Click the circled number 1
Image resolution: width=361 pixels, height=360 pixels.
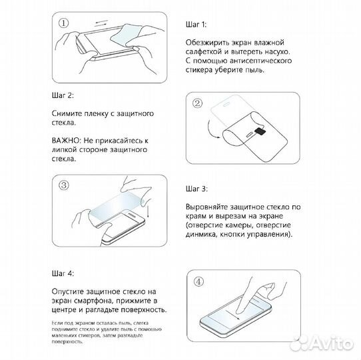63,23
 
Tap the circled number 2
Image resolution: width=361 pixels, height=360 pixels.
197,103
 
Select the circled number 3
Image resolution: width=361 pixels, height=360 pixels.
64,185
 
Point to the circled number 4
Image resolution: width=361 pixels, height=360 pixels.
198,281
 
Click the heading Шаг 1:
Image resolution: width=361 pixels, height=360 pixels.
196,25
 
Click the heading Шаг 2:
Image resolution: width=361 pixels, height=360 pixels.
63,95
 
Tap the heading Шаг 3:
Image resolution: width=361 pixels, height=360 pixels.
196,189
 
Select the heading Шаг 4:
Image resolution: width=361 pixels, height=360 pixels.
63,273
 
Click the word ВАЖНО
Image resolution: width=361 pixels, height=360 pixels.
66,141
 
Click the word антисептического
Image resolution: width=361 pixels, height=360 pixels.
261,61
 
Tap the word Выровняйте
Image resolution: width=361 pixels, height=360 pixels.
208,207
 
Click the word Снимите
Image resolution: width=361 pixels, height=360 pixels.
67,113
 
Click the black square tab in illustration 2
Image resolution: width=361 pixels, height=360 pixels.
260,131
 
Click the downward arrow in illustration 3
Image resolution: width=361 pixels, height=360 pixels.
148,211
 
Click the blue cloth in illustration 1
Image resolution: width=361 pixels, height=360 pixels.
125,34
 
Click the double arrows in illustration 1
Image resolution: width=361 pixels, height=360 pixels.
101,23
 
